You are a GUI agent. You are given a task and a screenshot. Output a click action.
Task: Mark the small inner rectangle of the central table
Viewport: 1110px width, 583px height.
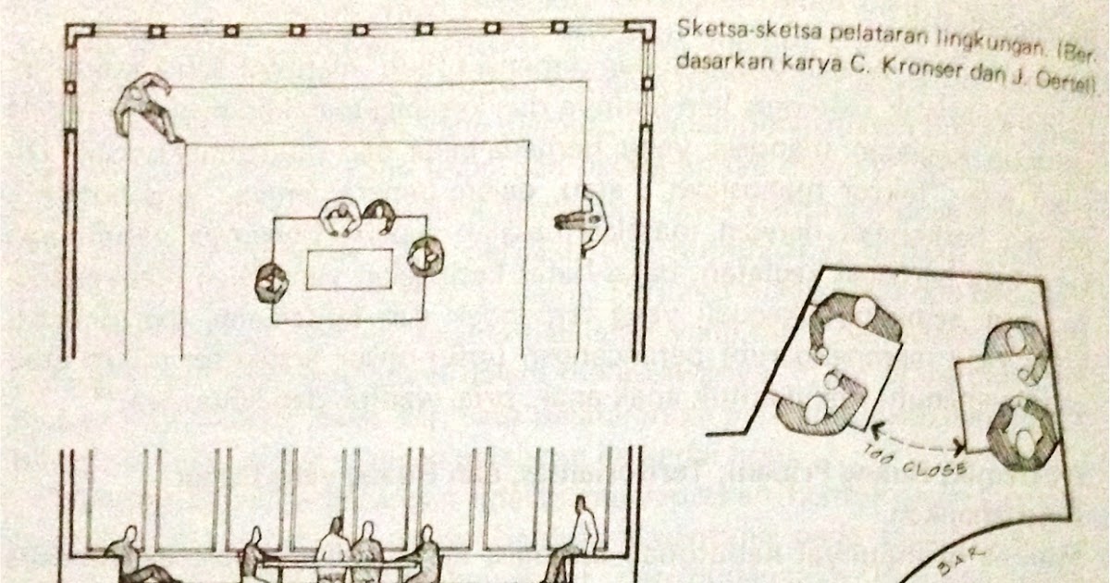(x=350, y=269)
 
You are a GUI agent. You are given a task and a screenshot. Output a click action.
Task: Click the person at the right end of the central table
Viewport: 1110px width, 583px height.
(x=425, y=255)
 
